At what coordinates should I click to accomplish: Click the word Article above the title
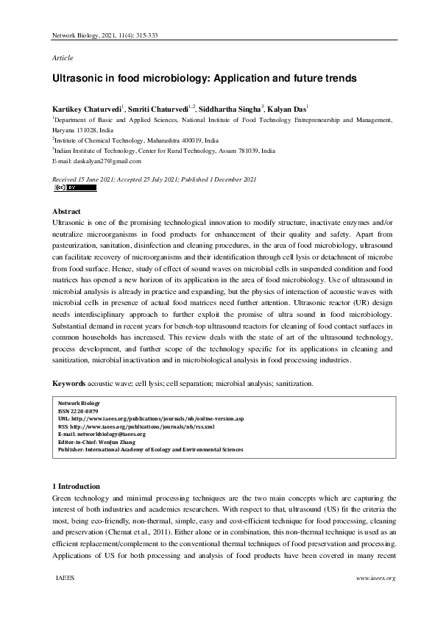click(63, 57)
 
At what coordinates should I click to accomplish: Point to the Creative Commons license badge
click(75, 187)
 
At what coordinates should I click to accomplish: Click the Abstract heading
click(68, 212)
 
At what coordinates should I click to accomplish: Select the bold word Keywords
click(69, 383)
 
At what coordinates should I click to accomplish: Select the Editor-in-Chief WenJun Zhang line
click(96, 441)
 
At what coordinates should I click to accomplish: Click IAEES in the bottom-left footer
click(66, 578)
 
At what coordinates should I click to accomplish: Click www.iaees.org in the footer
click(376, 578)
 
